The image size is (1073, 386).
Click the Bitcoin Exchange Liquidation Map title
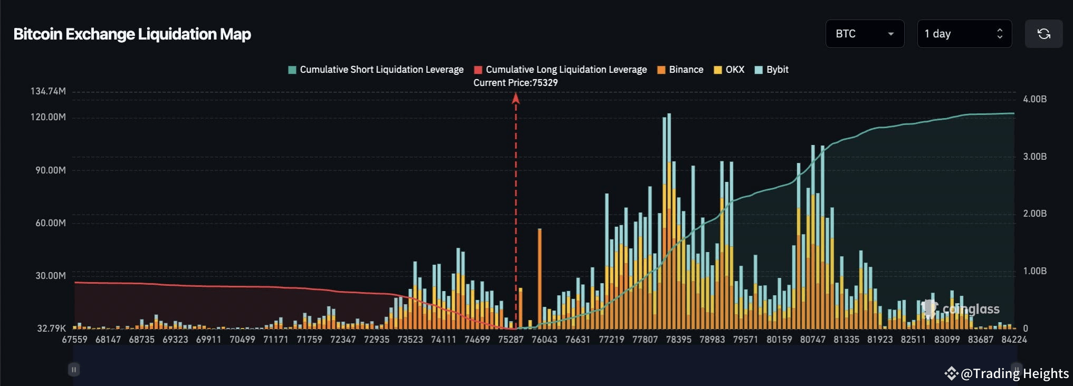coord(132,34)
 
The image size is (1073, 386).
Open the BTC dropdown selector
coord(864,34)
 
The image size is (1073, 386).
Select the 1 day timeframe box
coord(964,34)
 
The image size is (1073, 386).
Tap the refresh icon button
coord(1043,34)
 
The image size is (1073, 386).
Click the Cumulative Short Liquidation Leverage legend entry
coord(376,70)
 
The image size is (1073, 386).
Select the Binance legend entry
coord(681,70)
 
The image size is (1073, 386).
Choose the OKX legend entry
coord(729,70)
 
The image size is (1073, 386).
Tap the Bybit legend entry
coord(772,70)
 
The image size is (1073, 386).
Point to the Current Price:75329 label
coord(515,83)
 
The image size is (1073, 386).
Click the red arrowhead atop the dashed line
coord(516,99)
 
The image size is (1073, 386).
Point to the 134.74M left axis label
coord(48,91)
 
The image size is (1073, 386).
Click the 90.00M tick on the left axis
coord(51,170)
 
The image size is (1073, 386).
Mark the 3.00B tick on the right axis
coord(1034,157)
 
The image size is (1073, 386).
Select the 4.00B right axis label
coord(1034,99)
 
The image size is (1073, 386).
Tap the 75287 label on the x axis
coord(511,340)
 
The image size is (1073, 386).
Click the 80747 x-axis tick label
coord(812,340)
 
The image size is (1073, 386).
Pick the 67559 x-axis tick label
coord(74,340)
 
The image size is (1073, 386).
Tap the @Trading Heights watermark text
coord(1014,373)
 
